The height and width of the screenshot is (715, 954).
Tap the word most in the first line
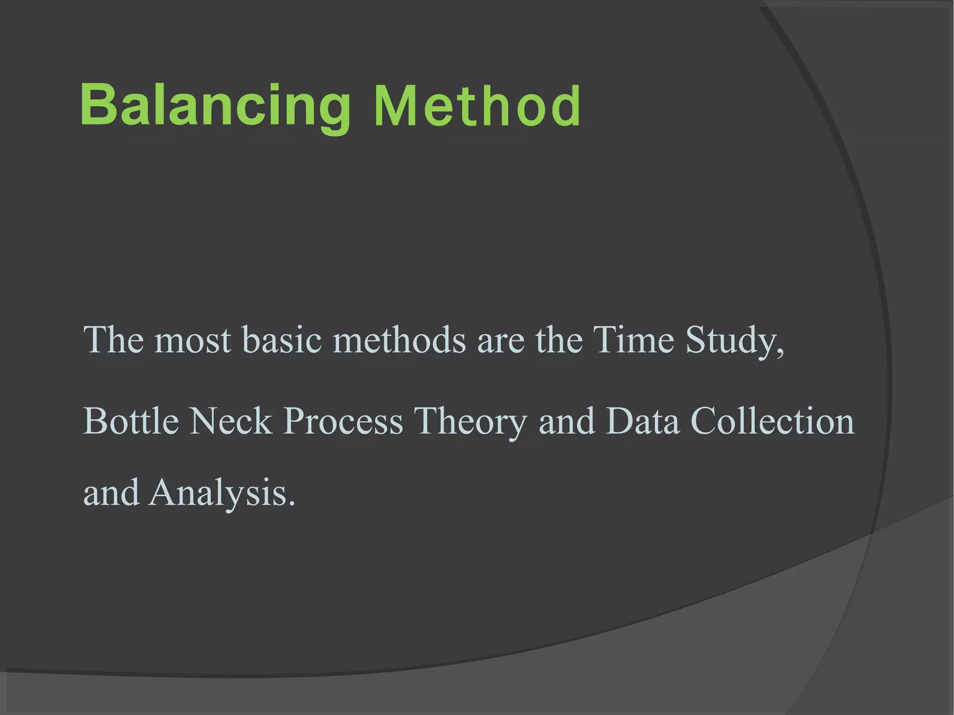point(192,340)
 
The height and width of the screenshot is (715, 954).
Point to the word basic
point(282,340)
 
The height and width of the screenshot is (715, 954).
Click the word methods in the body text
point(399,340)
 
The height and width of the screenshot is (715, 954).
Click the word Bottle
point(131,421)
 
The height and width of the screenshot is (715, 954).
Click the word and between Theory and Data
point(566,421)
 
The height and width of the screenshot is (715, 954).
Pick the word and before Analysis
point(111,493)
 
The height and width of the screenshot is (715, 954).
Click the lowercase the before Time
point(559,340)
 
